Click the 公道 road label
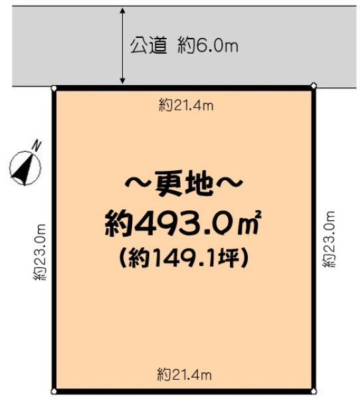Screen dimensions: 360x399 pos(149,46)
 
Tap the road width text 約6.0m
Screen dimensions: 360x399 pos(208,46)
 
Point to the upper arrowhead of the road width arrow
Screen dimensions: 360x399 pos(122,11)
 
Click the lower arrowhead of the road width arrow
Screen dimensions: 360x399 pos(122,80)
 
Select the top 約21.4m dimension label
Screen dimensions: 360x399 pos(186,106)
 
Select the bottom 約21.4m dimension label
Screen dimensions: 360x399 pos(185,375)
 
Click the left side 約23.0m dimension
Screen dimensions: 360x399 pos(40,252)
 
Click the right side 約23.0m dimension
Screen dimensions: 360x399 pos(329,239)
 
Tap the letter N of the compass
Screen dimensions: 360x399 pos(37,145)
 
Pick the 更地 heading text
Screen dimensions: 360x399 pos(184,184)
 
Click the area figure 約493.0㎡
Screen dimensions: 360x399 pos(183,223)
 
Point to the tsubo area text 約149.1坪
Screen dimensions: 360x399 pos(183,259)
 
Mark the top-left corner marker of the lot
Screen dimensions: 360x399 pos(54,88)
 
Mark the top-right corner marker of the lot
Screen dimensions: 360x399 pos(314,86)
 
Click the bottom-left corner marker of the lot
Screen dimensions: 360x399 pos(54,392)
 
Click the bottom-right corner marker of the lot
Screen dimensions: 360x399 pos(314,392)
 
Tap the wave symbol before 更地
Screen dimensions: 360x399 pos(139,184)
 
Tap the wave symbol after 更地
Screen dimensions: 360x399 pos(229,184)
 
